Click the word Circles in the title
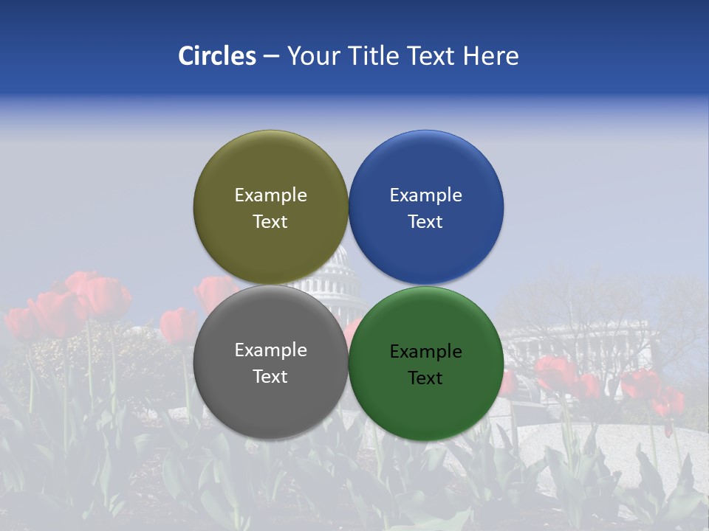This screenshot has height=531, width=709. click(x=216, y=56)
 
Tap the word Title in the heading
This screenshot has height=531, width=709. click(x=372, y=56)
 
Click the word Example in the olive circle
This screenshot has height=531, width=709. click(x=270, y=195)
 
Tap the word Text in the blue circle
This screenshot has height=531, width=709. click(x=425, y=221)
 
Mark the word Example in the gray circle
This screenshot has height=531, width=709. click(x=270, y=350)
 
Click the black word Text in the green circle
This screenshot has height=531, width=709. click(x=425, y=378)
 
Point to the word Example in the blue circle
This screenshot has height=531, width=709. click(x=425, y=195)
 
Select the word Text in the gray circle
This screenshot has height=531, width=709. click(x=270, y=376)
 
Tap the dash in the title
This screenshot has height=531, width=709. click(x=271, y=56)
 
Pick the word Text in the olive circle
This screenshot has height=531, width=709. click(x=270, y=221)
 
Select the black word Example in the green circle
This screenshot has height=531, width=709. click(x=425, y=351)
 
